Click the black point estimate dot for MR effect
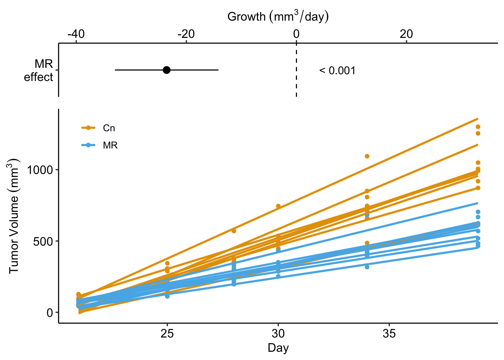coord(167,70)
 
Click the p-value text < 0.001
coord(337,70)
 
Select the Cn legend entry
coord(99,128)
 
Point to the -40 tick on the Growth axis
coord(76,34)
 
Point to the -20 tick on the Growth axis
coord(186,34)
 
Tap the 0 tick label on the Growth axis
coord(296,34)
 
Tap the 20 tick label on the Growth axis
coord(406,34)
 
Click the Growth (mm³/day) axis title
coord(278,16)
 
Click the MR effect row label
coord(39,70)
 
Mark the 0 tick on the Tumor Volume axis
coord(50,312)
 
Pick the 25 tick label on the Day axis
coord(167,333)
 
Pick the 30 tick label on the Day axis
coord(278,333)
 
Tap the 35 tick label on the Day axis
coord(389,333)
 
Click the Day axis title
coord(278,348)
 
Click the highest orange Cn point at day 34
coord(367,156)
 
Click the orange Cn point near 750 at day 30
coord(278,206)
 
